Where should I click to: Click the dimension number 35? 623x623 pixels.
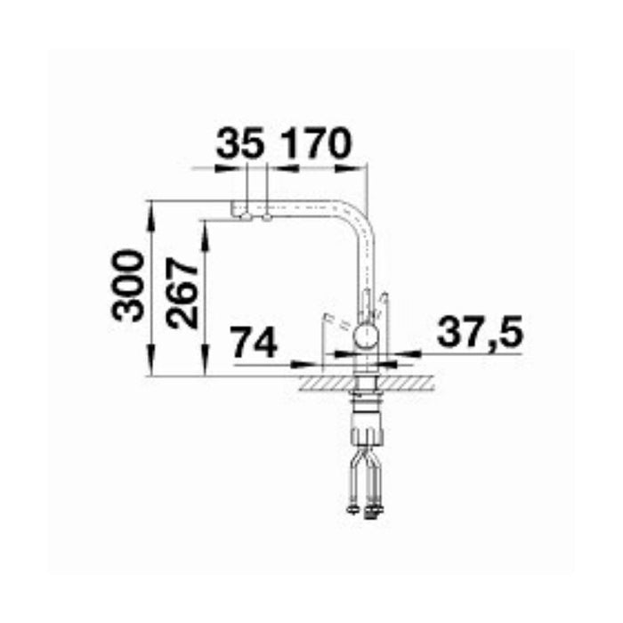(239, 144)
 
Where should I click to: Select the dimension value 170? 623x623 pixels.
(315, 144)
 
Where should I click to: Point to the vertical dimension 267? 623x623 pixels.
(183, 294)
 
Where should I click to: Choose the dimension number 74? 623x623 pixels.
(254, 343)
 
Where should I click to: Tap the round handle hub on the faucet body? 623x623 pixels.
(365, 336)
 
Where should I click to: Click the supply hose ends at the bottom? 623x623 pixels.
(366, 510)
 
